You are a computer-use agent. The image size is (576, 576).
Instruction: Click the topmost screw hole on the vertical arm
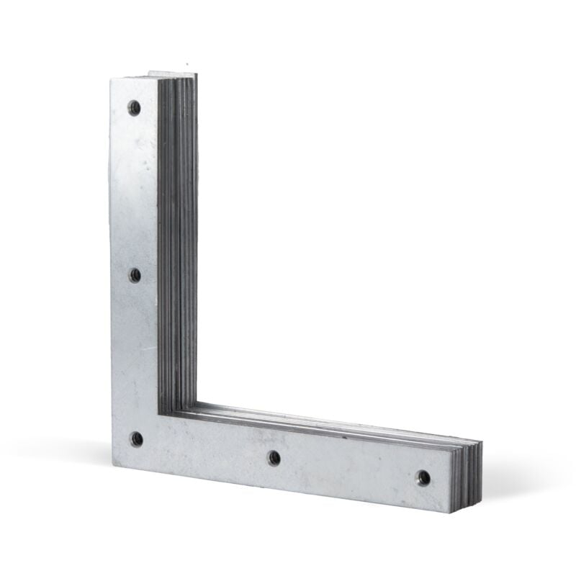pos(134,107)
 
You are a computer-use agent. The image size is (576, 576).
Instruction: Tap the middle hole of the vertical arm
pos(135,274)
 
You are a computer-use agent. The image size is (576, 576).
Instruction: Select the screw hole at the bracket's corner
pos(136,438)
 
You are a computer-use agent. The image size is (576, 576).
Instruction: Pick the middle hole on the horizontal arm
pos(274,457)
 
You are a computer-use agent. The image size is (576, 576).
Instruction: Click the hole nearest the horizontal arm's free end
pos(423,477)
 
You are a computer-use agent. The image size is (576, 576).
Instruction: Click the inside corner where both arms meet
pos(159,413)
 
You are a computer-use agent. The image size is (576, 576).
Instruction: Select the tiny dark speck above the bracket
pos(187,63)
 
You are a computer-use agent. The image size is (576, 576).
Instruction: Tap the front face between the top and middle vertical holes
pos(135,191)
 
